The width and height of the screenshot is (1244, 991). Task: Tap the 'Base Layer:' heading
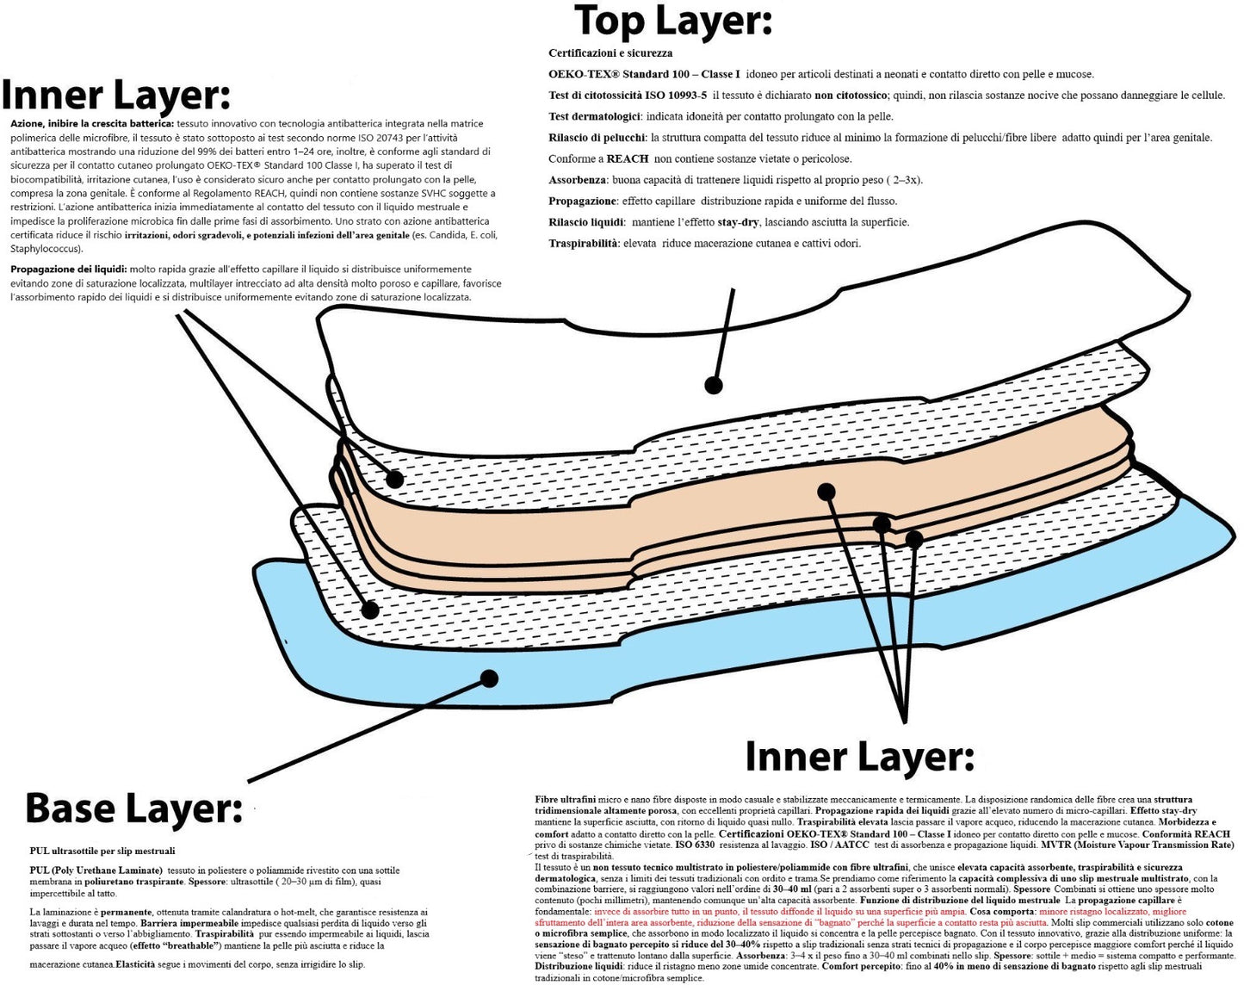133,808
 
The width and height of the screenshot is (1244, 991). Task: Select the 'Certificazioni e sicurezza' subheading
610,53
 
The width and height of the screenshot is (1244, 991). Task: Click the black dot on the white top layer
713,385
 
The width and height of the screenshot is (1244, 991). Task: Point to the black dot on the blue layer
490,678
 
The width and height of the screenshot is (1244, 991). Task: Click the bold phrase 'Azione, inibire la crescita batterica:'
92,124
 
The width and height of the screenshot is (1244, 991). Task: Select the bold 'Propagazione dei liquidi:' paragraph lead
69,269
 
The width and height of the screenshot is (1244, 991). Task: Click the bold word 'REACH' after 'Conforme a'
628,158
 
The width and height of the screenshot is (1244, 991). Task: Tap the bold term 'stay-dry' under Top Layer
738,222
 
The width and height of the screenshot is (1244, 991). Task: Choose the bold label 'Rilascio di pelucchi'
597,138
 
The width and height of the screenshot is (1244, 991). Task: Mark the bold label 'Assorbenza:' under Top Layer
580,180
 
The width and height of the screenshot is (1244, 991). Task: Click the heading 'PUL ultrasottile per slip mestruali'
102,851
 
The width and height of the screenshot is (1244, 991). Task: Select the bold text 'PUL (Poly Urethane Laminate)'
96,870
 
